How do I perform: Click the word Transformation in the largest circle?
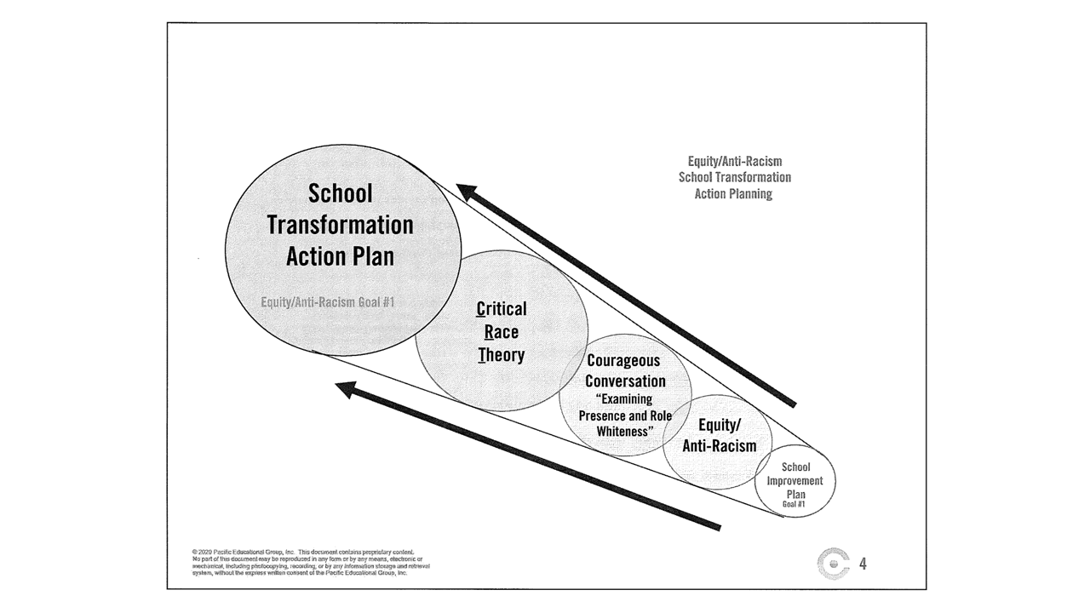[x=340, y=225]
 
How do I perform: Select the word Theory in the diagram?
[x=501, y=354]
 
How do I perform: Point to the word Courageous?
[x=623, y=360]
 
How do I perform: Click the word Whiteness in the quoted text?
[x=624, y=431]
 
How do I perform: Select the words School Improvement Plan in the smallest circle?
[x=795, y=481]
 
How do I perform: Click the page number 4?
[x=863, y=564]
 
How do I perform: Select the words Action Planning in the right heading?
[x=733, y=194]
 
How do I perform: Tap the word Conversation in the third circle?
[x=625, y=381]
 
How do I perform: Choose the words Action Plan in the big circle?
[x=340, y=255]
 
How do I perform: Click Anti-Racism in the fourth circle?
[x=719, y=444]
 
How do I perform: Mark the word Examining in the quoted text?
[x=623, y=398]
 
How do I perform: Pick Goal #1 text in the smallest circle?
[x=794, y=504]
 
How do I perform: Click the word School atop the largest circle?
[x=340, y=193]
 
